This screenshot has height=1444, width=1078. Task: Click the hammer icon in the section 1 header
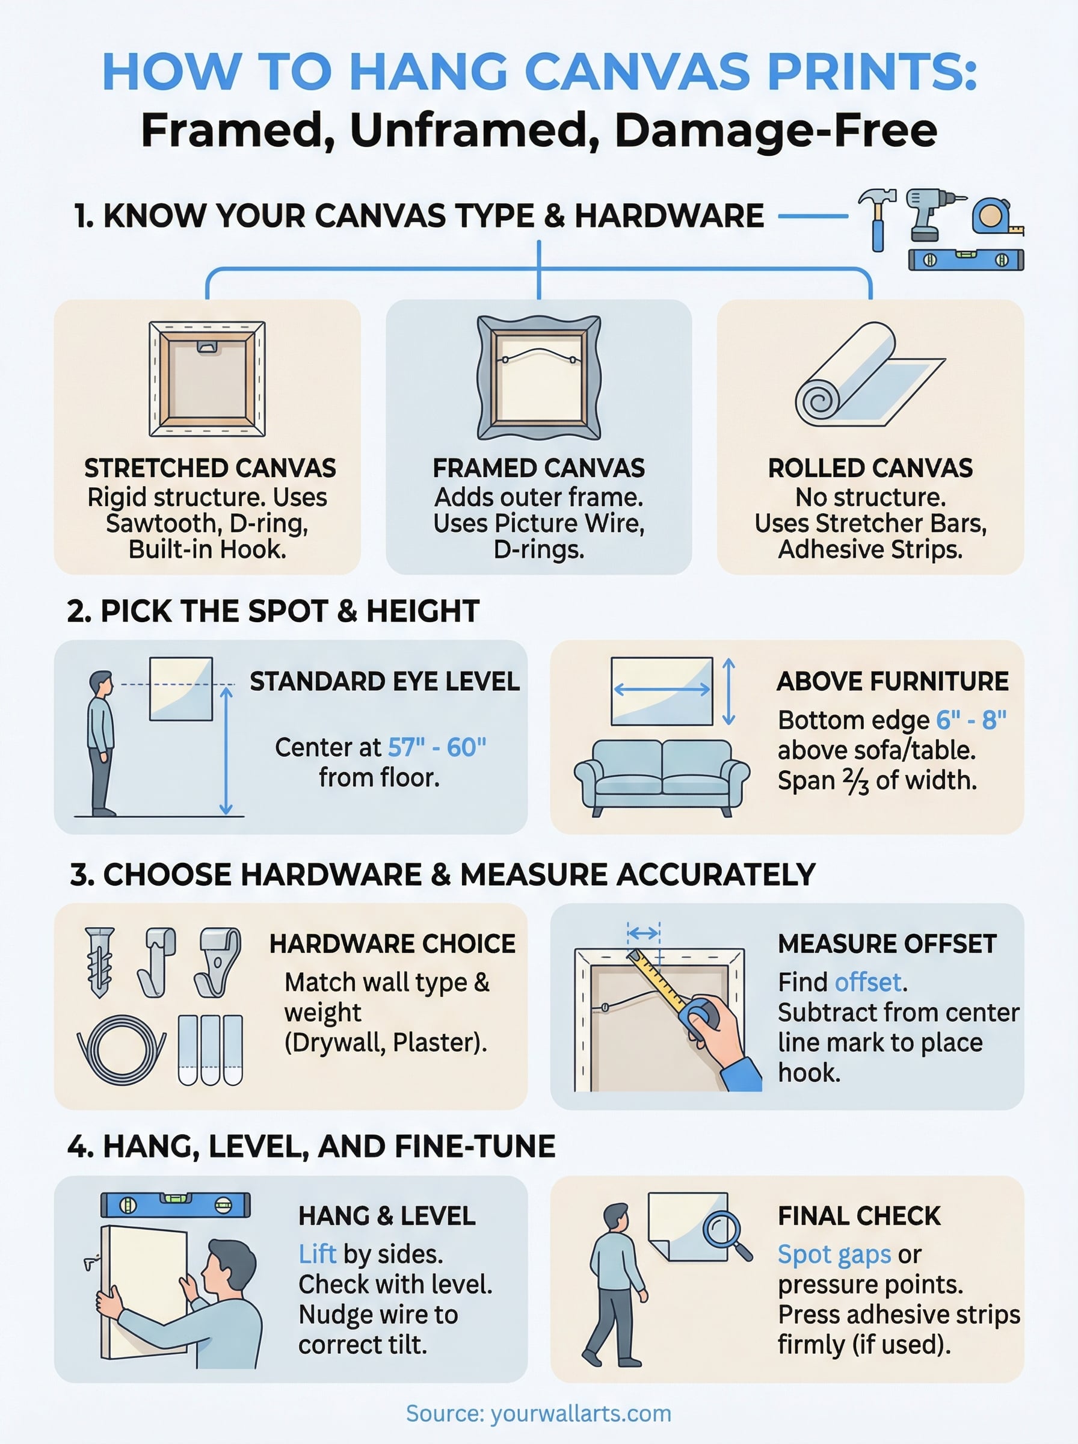878,218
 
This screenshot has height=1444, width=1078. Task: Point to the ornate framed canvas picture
539,377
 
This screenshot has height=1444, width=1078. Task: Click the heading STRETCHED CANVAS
209,468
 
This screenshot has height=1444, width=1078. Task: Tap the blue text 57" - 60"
437,747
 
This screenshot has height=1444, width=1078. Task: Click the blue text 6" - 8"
971,720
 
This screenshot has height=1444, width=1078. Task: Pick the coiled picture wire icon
122,1049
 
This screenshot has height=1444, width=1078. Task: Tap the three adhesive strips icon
210,1049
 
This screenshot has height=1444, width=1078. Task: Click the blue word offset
868,982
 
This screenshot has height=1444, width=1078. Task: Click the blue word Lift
317,1254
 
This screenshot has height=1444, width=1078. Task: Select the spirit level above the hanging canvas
176,1205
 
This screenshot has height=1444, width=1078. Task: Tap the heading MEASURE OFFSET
887,943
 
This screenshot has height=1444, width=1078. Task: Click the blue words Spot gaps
834,1254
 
